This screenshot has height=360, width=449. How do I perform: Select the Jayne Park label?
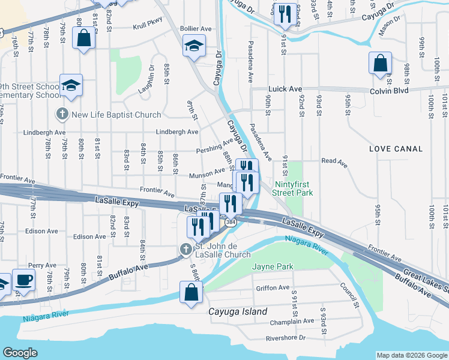click(273, 266)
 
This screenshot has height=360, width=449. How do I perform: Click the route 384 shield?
click(230, 223)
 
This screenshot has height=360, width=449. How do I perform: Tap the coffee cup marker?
click(23, 280)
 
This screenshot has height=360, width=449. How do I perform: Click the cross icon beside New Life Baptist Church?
click(62, 114)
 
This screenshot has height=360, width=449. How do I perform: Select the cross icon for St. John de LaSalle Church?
click(185, 249)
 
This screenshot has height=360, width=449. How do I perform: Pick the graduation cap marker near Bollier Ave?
click(194, 46)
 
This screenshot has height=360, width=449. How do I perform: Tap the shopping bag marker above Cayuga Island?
click(191, 292)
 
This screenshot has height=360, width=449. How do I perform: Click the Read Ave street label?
click(334, 161)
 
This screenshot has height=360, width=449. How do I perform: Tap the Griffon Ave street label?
click(273, 287)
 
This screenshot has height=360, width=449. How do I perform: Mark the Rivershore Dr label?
click(286, 338)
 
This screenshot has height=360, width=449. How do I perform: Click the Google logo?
click(20, 353)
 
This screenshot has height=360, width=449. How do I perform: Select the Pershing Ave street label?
click(214, 146)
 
